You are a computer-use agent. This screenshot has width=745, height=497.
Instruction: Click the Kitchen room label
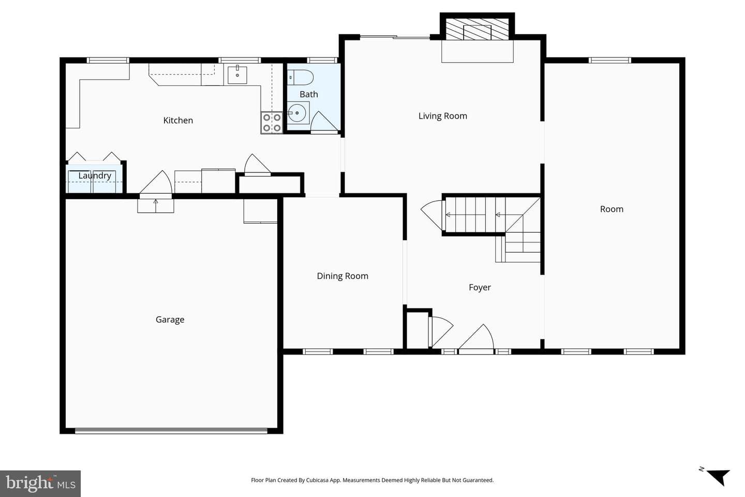(178, 120)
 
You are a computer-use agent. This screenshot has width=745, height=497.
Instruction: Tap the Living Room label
(443, 116)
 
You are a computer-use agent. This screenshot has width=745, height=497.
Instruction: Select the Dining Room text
(342, 276)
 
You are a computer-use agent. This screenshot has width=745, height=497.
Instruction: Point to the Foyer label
(480, 287)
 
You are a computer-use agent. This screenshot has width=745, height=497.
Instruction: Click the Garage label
(170, 319)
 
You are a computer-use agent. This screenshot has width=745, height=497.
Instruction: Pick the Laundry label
(95, 176)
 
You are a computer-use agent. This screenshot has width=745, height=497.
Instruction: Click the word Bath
(309, 94)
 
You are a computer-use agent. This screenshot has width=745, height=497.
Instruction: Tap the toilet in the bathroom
(300, 78)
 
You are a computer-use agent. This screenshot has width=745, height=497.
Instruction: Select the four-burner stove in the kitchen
(272, 123)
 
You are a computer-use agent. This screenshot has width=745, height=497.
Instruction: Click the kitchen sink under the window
(237, 75)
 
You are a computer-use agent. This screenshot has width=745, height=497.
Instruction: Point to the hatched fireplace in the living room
(477, 30)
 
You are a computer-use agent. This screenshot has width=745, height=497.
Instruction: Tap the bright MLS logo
(40, 484)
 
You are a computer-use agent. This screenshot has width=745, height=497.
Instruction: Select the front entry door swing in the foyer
(476, 337)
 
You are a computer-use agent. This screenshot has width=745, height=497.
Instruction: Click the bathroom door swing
(324, 121)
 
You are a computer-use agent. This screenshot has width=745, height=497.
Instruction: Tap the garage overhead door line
(171, 430)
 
